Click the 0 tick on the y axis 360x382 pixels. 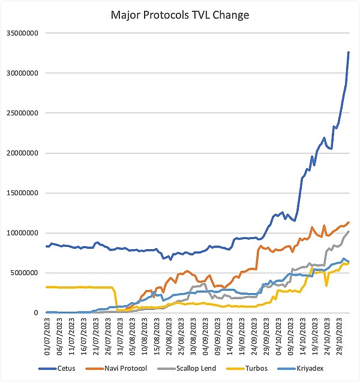coord(37,313)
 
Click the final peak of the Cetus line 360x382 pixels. coord(349,52)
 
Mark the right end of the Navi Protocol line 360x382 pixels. coord(349,222)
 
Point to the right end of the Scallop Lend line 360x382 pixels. coord(349,231)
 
